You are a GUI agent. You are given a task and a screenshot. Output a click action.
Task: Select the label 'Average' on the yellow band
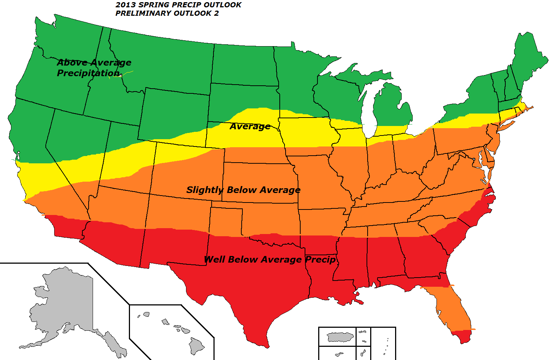(250, 127)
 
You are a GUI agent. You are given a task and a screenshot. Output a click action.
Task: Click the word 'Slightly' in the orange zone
(205, 190)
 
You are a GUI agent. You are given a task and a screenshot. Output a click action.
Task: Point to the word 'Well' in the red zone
(215, 260)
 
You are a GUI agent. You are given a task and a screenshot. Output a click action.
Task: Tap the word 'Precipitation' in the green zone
(88, 73)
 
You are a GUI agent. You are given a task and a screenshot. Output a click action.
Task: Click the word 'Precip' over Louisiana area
(320, 260)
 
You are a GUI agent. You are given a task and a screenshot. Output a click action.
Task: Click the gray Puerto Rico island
(340, 337)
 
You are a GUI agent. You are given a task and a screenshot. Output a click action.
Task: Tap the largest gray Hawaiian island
(196, 345)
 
